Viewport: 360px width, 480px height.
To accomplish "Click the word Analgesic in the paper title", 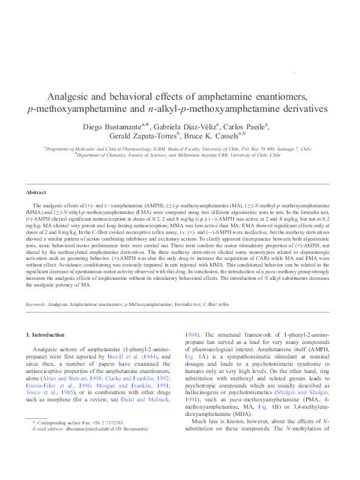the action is click(70, 97).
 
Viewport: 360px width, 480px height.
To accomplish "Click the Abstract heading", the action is click(36, 192).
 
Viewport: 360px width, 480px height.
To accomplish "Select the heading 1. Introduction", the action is click(48, 335).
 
